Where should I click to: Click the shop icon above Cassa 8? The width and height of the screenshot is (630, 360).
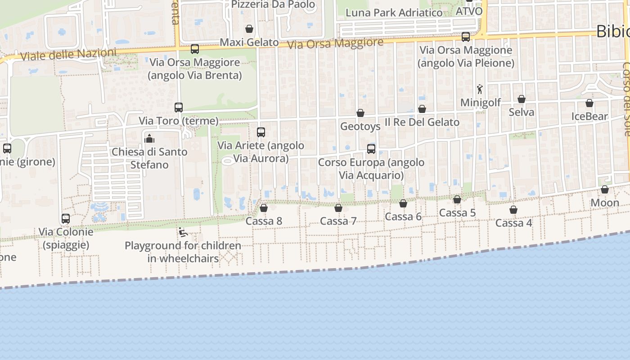264,208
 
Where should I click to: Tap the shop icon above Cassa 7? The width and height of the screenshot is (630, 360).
338,208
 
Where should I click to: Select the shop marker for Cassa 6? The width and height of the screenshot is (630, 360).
403,203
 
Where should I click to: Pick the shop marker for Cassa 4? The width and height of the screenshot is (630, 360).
513,210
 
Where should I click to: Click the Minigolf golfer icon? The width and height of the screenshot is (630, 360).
480,89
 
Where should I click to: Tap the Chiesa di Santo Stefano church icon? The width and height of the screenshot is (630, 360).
149,139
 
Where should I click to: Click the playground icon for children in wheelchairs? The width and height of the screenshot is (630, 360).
183,233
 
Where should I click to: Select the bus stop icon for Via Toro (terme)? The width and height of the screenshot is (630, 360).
179,108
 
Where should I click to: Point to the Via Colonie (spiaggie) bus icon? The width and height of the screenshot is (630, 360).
66,219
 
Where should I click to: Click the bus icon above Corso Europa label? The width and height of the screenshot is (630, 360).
371,149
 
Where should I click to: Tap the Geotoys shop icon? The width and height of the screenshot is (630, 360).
360,113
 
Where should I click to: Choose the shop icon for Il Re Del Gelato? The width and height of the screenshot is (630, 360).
422,109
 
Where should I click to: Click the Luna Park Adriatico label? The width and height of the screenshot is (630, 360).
394,13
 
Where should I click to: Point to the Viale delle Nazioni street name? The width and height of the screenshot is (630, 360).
68,54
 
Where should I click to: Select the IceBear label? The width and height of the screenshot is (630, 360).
589,117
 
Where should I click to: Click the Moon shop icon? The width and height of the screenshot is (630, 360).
605,189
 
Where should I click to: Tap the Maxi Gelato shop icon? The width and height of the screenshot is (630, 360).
249,29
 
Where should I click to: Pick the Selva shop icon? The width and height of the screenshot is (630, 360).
522,99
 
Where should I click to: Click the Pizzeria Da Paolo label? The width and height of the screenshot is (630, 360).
273,4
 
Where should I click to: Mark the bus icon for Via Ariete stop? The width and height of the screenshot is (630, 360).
261,132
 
